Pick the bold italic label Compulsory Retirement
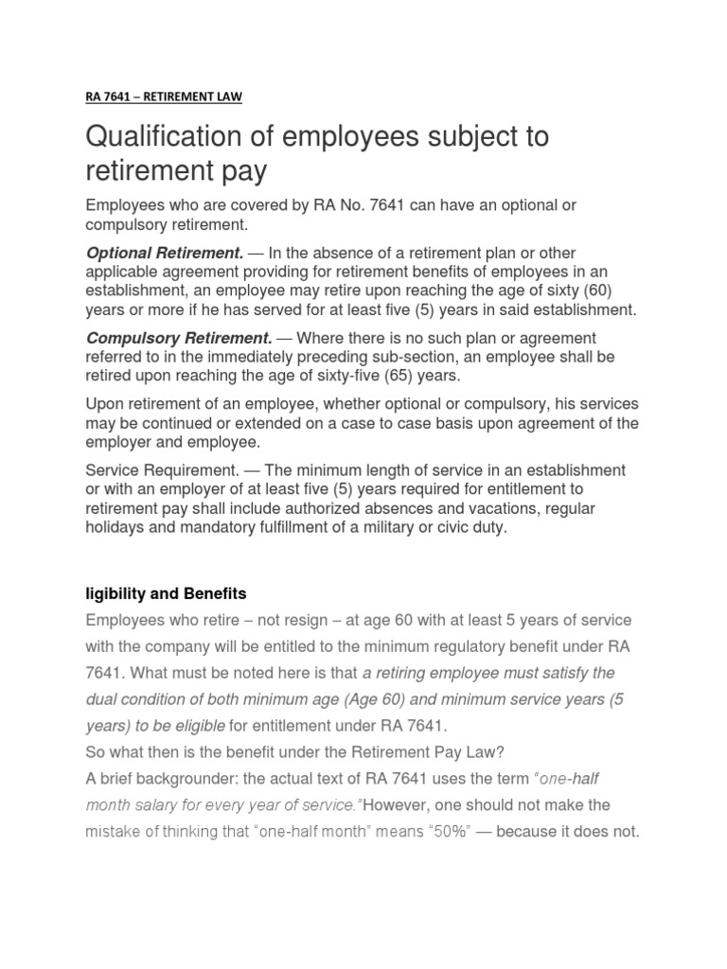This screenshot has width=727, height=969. [x=179, y=338]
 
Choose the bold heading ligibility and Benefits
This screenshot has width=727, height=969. [x=166, y=593]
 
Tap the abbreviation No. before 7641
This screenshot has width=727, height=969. [x=347, y=205]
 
